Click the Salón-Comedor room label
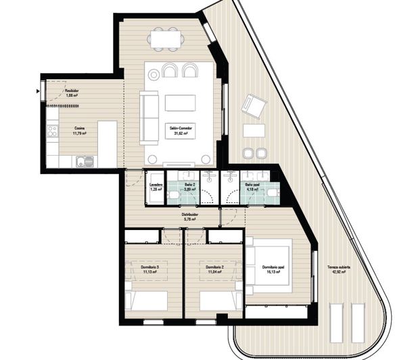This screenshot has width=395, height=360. click(179, 129)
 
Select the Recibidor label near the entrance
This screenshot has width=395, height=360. click(72, 91)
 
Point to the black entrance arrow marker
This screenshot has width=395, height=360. click(37, 89)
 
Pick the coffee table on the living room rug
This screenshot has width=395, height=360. click(180, 103)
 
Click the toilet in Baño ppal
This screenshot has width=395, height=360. click(271, 194)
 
